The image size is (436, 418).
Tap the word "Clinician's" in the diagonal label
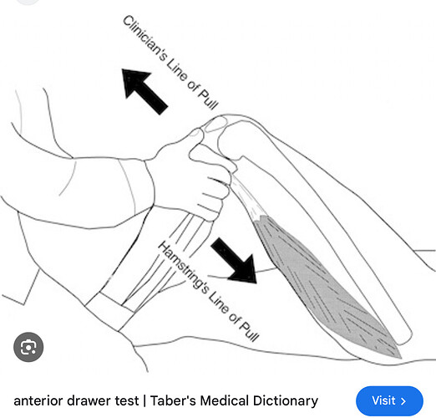tap(145, 38)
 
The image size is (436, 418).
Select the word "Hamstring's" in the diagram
tap(183, 268)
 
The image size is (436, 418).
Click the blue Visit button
tap(389, 400)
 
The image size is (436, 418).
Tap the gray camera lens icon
tap(28, 347)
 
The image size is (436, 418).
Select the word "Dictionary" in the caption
tap(286, 401)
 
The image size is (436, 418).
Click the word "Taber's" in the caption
tap(173, 400)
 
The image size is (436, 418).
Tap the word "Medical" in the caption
tap(224, 400)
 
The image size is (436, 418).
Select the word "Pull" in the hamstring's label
tap(249, 331)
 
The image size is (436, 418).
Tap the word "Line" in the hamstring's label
tap(219, 302)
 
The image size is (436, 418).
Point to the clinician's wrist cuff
tap(136, 186)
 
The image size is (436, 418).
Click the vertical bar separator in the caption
tap(144, 401)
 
